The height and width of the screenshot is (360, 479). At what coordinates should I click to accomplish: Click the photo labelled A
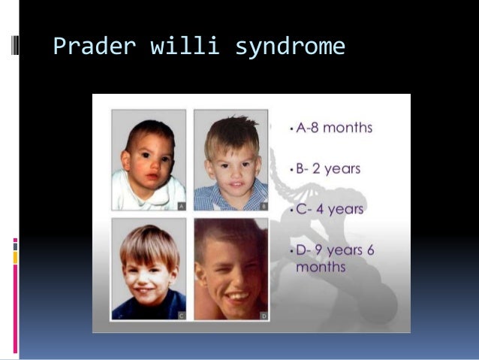(x=149, y=160)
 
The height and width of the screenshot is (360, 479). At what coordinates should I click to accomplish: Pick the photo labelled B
(x=230, y=160)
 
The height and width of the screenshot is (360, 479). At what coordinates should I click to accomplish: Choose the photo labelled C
(x=149, y=268)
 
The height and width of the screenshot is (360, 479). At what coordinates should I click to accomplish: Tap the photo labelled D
(x=230, y=268)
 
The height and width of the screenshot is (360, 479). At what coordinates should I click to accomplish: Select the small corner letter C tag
(x=181, y=316)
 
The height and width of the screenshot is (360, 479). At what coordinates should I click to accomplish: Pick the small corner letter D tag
(x=263, y=316)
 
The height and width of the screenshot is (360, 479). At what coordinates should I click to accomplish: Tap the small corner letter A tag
(x=181, y=205)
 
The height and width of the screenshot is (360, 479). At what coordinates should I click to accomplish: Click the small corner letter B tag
(x=263, y=205)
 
